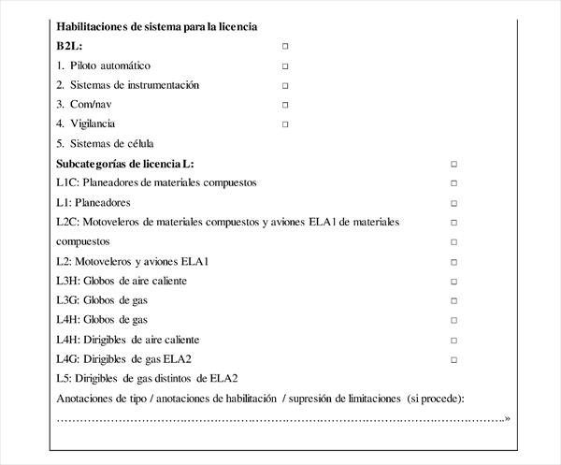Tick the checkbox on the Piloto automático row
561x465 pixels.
click(x=285, y=66)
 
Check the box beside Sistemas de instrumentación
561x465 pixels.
click(x=285, y=86)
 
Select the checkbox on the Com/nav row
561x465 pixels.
click(x=285, y=105)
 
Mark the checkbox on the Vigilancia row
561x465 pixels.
click(x=285, y=124)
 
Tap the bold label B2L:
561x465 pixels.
click(x=70, y=46)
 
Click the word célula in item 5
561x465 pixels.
click(x=137, y=144)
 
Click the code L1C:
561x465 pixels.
click(x=67, y=182)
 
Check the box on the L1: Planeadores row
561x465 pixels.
click(x=454, y=203)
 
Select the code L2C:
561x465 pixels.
click(x=67, y=222)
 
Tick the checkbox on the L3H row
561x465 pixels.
click(x=454, y=282)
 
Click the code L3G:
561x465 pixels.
click(x=67, y=300)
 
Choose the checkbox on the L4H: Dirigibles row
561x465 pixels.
click(x=454, y=341)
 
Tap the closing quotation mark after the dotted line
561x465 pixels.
click(x=507, y=419)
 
